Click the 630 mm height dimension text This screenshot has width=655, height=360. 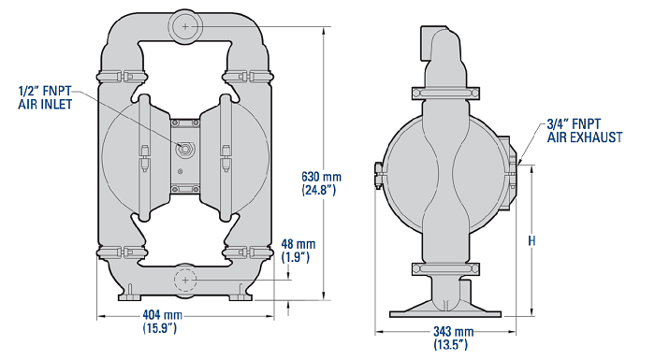(x=321, y=177)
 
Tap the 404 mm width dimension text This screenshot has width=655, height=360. (x=163, y=314)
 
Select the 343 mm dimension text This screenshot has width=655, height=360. (x=453, y=332)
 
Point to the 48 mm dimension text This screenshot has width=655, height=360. (x=298, y=244)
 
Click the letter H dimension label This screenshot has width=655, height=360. (x=531, y=241)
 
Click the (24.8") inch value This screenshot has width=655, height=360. (x=318, y=190)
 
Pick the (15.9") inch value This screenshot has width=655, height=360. (x=160, y=328)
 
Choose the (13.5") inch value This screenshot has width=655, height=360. (x=450, y=344)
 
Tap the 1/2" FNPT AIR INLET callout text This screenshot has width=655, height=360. (x=45, y=97)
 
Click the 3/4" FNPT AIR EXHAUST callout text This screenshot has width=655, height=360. (x=585, y=130)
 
